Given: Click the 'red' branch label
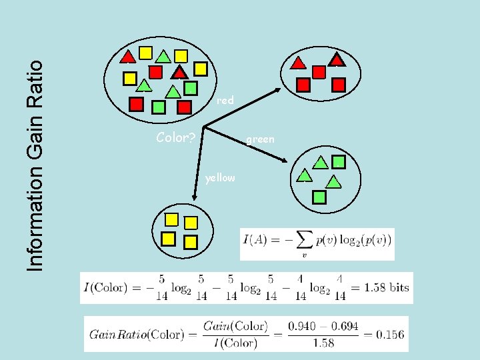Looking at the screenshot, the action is [x=225, y=101].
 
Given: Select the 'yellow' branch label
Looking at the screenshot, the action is [x=220, y=178].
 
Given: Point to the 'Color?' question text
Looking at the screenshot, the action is [x=175, y=138].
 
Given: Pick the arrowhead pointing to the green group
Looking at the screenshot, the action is [x=284, y=159].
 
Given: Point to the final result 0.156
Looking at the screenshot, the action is [x=390, y=334].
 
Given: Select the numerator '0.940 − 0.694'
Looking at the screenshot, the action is [x=323, y=326].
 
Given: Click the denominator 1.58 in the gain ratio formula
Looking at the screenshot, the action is [x=323, y=343].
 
